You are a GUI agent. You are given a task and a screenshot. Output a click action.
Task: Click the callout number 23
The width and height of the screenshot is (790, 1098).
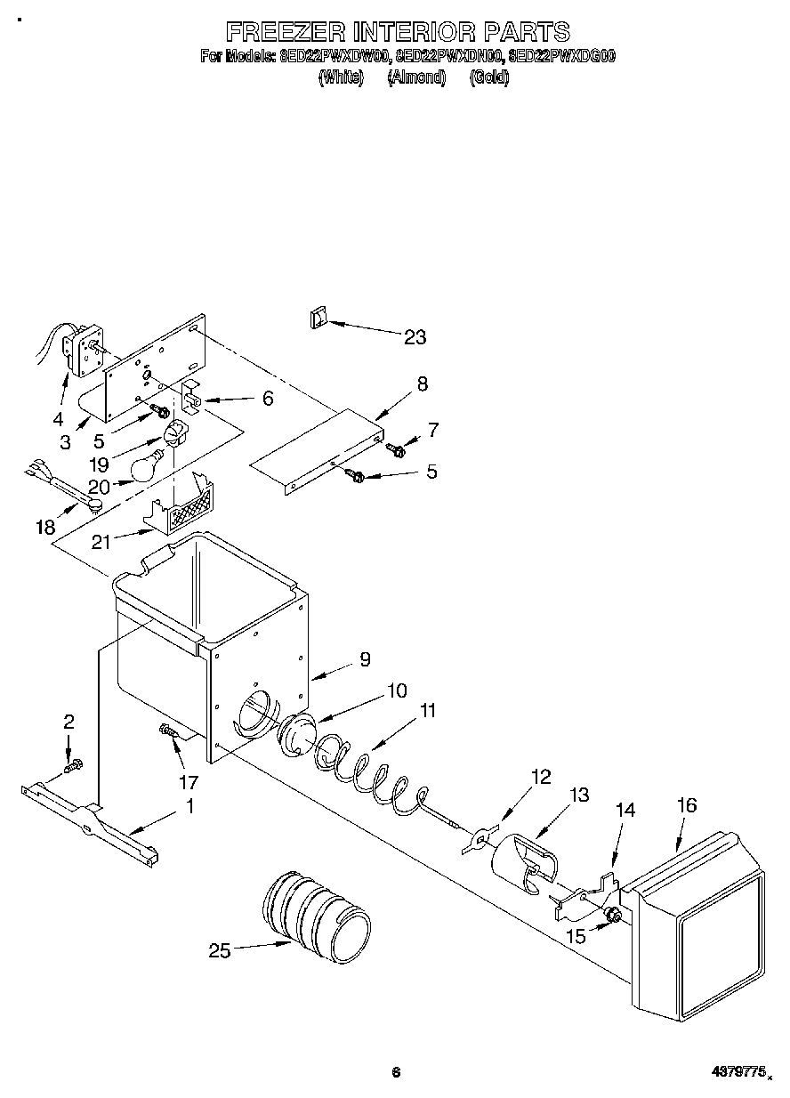415,337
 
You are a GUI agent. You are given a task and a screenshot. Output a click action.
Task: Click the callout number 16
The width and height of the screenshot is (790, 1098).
686,806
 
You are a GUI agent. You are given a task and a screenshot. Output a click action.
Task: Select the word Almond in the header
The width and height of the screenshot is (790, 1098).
416,78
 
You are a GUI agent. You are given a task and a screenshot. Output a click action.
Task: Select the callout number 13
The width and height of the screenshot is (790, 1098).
579,795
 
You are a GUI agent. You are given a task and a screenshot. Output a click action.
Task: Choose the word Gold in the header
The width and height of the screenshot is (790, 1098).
488,78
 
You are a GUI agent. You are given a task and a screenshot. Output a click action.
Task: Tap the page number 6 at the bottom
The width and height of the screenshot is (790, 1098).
396,1073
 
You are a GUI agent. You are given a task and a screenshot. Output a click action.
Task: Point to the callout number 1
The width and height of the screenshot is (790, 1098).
189,807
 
